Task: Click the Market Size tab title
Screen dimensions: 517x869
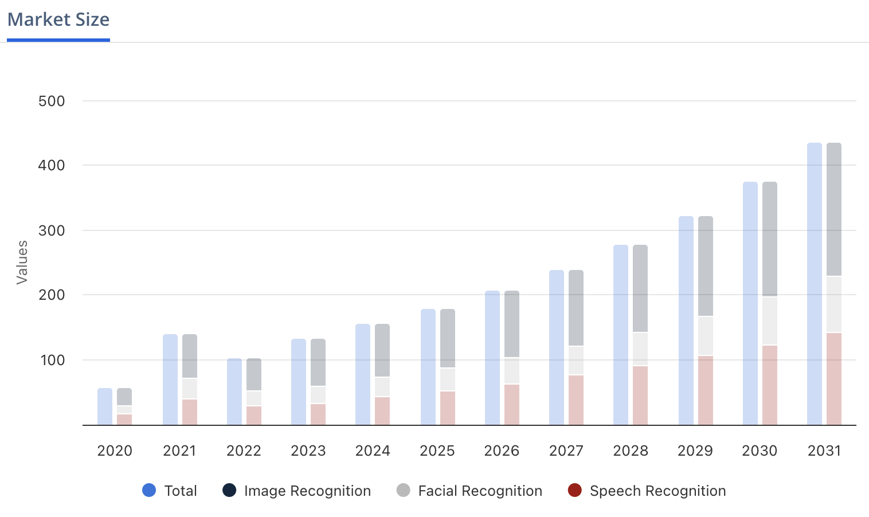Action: (58, 19)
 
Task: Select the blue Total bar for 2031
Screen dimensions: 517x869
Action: (814, 284)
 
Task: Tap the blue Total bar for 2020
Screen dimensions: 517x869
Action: (105, 406)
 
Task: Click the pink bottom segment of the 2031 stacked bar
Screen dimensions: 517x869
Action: (834, 379)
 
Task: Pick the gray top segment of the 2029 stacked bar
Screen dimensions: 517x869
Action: (706, 266)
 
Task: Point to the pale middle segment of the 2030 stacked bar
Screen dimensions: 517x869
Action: (770, 321)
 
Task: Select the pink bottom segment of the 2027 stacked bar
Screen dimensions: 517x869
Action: (576, 400)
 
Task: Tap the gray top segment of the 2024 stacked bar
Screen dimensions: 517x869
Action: (382, 350)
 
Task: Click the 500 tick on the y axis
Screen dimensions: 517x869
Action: (52, 101)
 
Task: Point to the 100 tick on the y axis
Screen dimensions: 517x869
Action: (52, 360)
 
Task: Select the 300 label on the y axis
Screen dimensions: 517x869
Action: (52, 230)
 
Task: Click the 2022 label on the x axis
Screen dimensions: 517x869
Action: (244, 451)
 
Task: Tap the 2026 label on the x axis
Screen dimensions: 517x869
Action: (502, 451)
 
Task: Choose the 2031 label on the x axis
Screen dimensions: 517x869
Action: (824, 451)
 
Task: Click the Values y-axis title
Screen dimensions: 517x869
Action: (22, 263)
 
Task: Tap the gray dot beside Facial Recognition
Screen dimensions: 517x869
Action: (404, 490)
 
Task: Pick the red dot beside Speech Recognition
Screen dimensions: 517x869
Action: (574, 490)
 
